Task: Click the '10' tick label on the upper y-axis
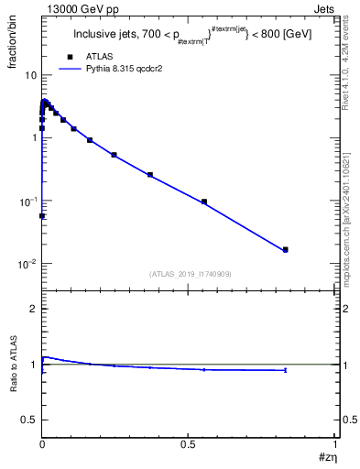[x=30, y=75]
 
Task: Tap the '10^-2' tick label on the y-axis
[x=27, y=264]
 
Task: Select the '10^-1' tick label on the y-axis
[x=27, y=201]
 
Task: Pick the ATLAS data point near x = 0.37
[x=150, y=174]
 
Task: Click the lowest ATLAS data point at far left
[x=42, y=216]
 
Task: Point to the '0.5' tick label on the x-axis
[x=189, y=443]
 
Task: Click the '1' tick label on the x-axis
[x=336, y=443]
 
